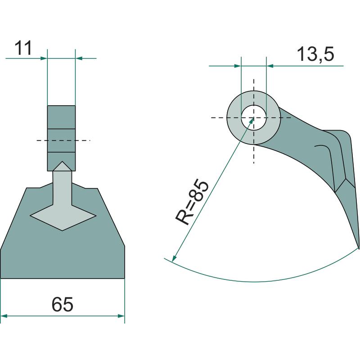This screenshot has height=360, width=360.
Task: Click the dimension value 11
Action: (23, 48)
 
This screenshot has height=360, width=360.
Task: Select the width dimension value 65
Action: (62, 305)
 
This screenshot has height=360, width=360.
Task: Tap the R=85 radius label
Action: (192, 203)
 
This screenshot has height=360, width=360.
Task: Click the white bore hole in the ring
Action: (254, 117)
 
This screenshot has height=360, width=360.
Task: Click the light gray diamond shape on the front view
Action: (63, 216)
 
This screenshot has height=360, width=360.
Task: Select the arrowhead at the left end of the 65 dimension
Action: (4, 316)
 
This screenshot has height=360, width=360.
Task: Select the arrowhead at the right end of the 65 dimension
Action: (121, 316)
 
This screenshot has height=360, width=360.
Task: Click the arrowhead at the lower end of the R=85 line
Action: (174, 258)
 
